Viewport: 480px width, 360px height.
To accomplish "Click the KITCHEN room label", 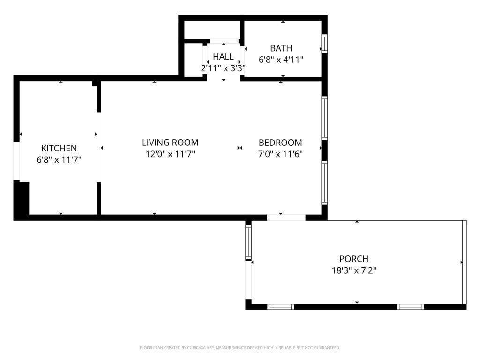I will point(59,148).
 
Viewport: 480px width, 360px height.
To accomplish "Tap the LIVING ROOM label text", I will point(170,142).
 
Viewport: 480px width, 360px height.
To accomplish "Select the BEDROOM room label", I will point(280,142).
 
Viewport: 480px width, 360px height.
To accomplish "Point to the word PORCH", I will point(353,259).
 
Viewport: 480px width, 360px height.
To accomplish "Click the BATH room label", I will point(281,48).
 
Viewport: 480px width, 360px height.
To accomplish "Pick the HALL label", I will point(223,57).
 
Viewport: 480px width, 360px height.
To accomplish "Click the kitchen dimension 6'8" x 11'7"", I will point(59,160).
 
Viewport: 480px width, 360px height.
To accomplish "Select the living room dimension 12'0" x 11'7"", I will point(170,154).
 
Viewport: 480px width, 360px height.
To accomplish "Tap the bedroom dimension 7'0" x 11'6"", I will point(280,154).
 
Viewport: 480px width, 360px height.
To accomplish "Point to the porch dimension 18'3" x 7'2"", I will point(353,270).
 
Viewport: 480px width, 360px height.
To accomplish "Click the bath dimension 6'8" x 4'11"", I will point(281,60).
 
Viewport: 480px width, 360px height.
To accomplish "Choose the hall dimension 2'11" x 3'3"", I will point(223,68).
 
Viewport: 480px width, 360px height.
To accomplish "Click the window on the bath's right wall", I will point(324,44).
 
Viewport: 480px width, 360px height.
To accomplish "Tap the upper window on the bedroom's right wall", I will point(324,118).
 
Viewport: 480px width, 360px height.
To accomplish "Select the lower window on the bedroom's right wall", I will point(324,183).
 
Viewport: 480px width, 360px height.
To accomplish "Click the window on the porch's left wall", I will point(248,241).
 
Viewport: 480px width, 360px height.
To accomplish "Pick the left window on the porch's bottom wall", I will point(280,307).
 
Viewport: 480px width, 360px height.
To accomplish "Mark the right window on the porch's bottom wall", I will point(410,307).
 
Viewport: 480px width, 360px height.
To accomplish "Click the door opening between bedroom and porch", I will point(286,217).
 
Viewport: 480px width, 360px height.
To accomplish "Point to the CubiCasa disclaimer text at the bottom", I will point(240,348).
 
